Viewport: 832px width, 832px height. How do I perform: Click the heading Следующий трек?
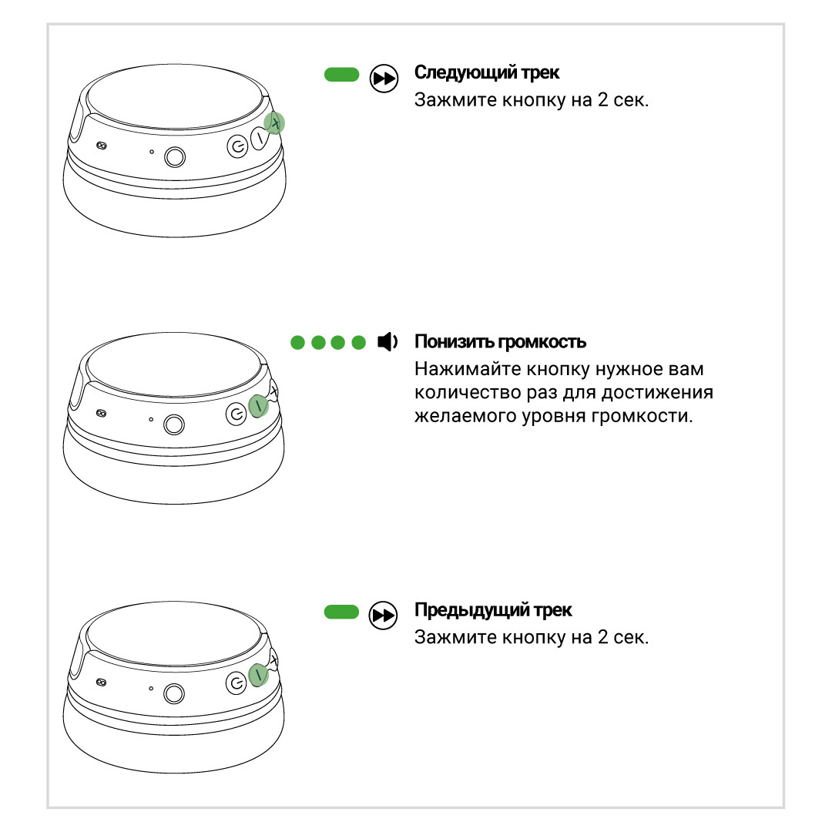(x=487, y=72)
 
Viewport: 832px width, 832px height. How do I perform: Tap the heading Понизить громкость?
(x=500, y=342)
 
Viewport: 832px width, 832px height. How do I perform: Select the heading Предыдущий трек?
(x=493, y=610)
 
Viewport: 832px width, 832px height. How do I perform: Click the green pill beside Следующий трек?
(x=342, y=75)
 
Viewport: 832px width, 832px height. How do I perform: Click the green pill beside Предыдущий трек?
(x=342, y=612)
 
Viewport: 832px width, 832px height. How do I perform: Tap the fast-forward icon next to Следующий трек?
(x=384, y=79)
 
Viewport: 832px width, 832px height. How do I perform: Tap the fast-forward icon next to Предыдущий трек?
(x=383, y=616)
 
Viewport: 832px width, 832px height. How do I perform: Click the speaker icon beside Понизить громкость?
(x=387, y=342)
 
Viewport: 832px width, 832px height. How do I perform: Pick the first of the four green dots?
(x=297, y=343)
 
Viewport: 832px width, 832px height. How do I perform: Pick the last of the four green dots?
(x=359, y=343)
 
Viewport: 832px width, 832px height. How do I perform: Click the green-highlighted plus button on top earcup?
(x=274, y=123)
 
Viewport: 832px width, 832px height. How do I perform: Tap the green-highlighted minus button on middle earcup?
(x=258, y=407)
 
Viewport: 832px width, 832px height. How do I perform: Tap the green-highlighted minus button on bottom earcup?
(x=258, y=675)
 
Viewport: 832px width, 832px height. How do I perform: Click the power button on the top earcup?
(x=237, y=146)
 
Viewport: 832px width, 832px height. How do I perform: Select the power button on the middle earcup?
(x=237, y=414)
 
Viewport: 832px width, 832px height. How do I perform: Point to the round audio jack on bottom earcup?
(x=174, y=693)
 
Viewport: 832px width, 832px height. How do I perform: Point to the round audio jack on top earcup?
(x=175, y=156)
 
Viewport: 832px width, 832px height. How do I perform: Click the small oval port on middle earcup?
(x=102, y=414)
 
